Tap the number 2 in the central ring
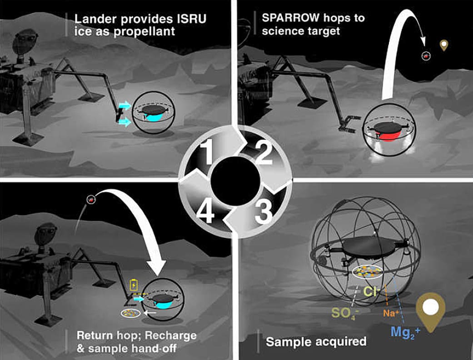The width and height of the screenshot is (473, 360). [264, 153]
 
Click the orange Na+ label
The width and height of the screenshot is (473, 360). [391, 313]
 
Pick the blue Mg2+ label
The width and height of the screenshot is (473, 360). [405, 332]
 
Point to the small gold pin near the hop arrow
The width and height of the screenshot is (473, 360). [444, 45]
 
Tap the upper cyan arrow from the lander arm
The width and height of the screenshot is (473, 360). [124, 105]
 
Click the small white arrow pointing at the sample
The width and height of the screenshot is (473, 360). [150, 313]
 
